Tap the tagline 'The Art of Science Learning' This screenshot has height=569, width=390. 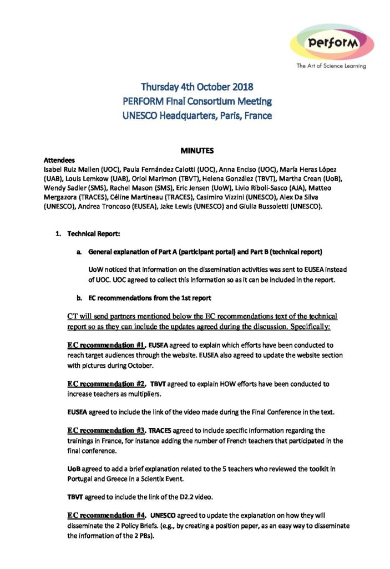pos(331,66)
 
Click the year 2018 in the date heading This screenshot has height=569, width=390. pos(242,87)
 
